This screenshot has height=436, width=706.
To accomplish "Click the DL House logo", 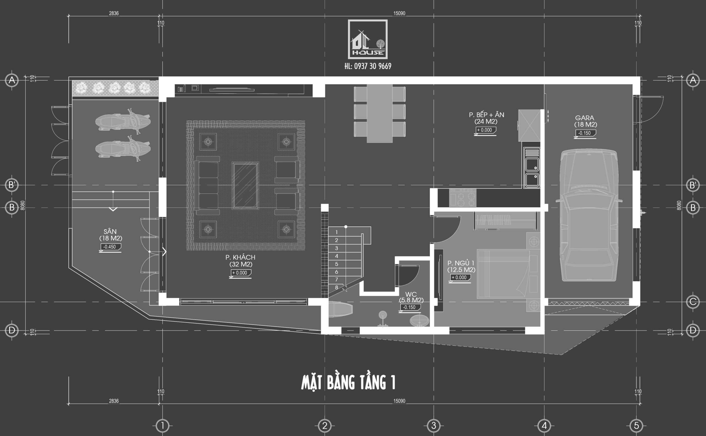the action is pyautogui.click(x=368, y=39).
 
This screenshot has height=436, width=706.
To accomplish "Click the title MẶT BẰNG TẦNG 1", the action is pyautogui.click(x=348, y=382).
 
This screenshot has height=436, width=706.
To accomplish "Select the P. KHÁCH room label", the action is pyautogui.click(x=240, y=257).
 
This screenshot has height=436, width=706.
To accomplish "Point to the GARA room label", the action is pyautogui.click(x=585, y=118).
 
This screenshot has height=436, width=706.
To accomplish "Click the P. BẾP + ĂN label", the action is pyautogui.click(x=486, y=114).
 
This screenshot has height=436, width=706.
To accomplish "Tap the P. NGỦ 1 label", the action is pyautogui.click(x=461, y=263).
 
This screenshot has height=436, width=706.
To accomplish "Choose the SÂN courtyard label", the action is pyautogui.click(x=110, y=231).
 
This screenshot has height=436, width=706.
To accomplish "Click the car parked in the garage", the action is pyautogui.click(x=589, y=215).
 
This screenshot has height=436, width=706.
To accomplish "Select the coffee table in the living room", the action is pyautogui.click(x=245, y=185).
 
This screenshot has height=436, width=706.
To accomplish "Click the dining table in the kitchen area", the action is pyautogui.click(x=379, y=113).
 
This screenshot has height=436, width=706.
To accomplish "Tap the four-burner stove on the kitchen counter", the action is pyautogui.click(x=462, y=198).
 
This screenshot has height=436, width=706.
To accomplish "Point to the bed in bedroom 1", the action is pyautogui.click(x=503, y=274).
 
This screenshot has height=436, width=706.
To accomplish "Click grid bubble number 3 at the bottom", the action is pyautogui.click(x=434, y=425).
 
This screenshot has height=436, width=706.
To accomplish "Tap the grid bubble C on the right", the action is pyautogui.click(x=693, y=302).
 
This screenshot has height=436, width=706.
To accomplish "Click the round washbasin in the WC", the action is pyautogui.click(x=419, y=321).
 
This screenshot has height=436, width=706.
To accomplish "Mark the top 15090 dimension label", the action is pyautogui.click(x=399, y=13).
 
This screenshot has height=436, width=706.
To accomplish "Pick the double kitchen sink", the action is pyautogui.click(x=532, y=168).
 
